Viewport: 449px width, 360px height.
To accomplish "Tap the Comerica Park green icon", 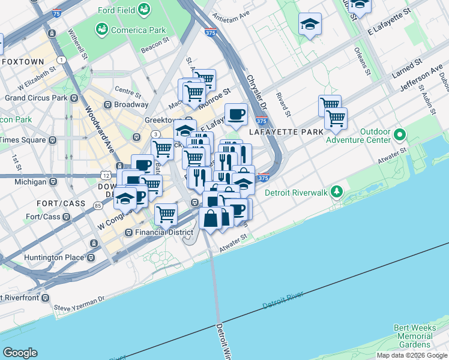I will point(101,29).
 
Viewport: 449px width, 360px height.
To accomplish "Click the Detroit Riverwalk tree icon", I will point(337,191).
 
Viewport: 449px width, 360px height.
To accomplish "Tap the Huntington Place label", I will point(53,258).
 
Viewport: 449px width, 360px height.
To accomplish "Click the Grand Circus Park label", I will point(36,97).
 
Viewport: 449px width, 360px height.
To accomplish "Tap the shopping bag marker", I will point(211,218).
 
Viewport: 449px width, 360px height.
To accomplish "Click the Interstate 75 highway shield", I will point(56,12).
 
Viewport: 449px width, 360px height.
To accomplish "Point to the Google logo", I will point(20,353).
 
